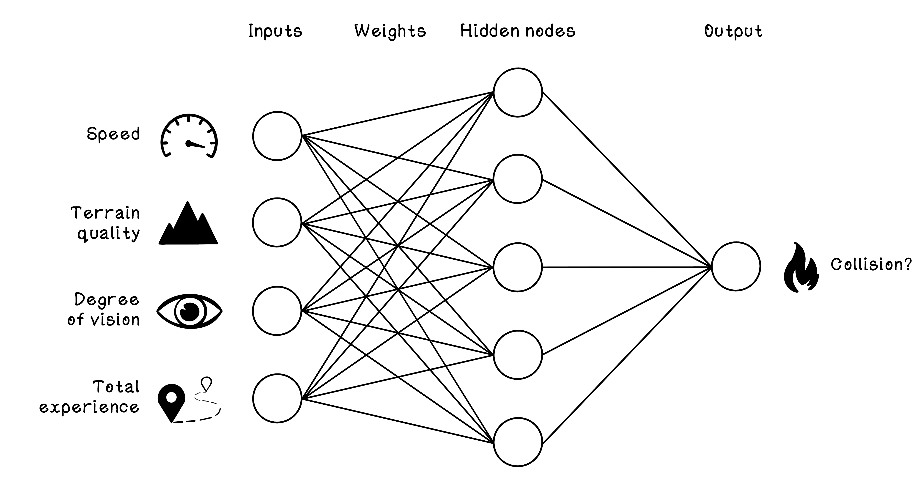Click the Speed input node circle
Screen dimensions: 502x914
[277, 136]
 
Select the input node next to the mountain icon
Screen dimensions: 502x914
[277, 222]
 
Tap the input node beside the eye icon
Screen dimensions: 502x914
[277, 311]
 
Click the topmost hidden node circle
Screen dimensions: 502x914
[518, 92]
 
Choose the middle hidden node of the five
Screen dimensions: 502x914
[518, 267]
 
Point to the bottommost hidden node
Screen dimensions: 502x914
[518, 442]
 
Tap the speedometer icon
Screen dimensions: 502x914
[189, 137]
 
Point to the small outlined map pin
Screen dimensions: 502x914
[206, 384]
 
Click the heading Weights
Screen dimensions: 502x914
[390, 31]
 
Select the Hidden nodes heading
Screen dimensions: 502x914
[517, 31]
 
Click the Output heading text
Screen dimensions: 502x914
[733, 31]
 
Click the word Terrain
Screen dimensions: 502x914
[105, 213]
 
